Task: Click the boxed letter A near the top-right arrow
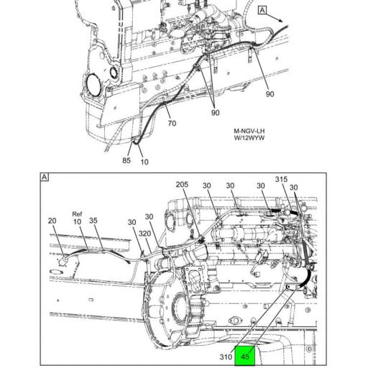point(262,10)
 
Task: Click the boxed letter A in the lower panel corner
point(45,178)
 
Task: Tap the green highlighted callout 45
point(244,356)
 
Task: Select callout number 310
point(226,356)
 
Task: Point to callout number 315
point(281,179)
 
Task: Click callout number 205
point(182,185)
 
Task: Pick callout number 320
point(144,234)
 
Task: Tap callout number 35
point(93,221)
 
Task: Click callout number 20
point(52,221)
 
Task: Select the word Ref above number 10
point(77,214)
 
